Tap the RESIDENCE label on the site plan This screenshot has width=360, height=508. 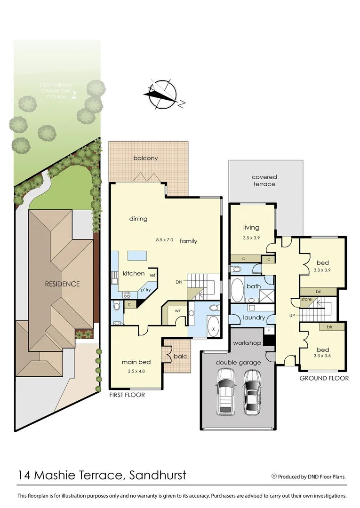(63, 284)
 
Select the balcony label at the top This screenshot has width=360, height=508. (145, 158)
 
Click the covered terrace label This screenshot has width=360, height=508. (264, 180)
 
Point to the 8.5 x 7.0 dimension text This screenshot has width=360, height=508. (165, 240)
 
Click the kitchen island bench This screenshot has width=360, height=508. (137, 255)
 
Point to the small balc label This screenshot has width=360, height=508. (180, 356)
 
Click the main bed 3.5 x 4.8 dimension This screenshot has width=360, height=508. (136, 372)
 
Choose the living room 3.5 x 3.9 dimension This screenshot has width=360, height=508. (252, 238)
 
